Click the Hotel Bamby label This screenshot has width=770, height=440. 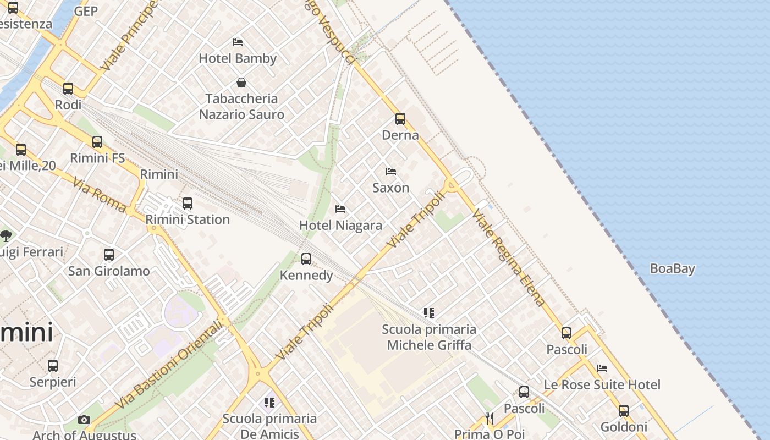click(x=238, y=58)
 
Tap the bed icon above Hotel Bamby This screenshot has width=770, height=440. click(x=238, y=42)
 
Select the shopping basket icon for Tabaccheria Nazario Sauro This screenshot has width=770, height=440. click(x=241, y=83)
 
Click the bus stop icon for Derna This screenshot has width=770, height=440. click(x=400, y=118)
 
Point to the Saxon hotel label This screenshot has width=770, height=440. click(x=391, y=188)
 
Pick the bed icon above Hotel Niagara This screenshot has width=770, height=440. click(x=340, y=209)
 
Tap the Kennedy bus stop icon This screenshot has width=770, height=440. click(x=306, y=258)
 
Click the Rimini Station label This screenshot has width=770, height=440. click(x=188, y=219)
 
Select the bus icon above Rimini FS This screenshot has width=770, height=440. click(x=97, y=142)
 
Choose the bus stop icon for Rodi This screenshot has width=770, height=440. click(x=68, y=88)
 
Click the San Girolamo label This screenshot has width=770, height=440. click(x=109, y=271)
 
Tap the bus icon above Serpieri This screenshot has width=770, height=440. click(x=53, y=365)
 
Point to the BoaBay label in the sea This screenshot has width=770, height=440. click(x=672, y=269)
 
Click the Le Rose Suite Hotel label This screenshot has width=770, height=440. click(x=602, y=384)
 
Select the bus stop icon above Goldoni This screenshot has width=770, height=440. click(x=623, y=410)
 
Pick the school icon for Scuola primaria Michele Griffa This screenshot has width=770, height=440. click(x=429, y=313)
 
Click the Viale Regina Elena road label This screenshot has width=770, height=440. click(x=508, y=257)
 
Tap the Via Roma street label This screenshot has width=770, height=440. click(x=99, y=194)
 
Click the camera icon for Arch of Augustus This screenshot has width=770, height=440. click(x=84, y=420)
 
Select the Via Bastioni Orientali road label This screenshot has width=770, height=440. click(x=169, y=365)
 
